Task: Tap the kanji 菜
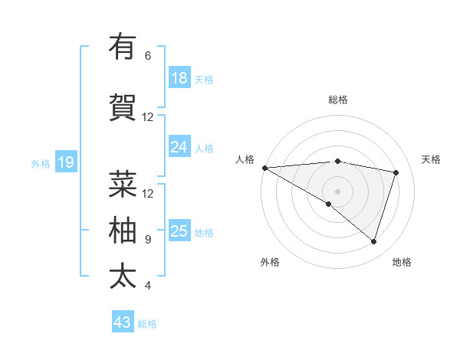123,184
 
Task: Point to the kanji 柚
123,230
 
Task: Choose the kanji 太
123,276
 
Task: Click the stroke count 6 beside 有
148,56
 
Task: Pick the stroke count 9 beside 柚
148,240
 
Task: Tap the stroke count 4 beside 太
148,286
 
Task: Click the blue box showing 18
179,77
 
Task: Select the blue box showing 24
179,146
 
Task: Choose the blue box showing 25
179,231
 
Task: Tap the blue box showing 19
66,162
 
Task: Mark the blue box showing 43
123,322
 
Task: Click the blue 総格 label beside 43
148,324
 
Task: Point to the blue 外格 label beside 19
41,163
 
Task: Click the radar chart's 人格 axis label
245,159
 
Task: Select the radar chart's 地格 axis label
402,262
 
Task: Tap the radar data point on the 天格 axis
396,172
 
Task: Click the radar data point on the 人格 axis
264,168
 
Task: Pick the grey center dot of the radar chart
337,190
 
